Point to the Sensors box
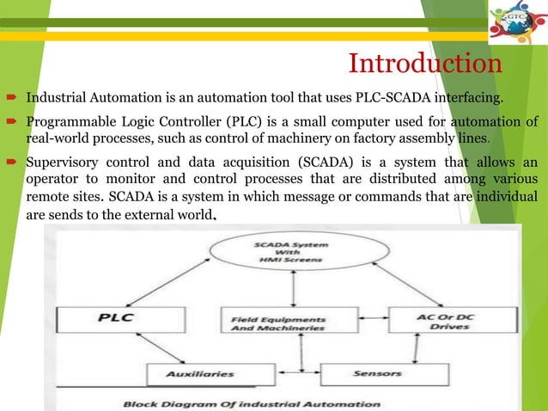click(376, 375)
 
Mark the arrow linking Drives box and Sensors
click(416, 349)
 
